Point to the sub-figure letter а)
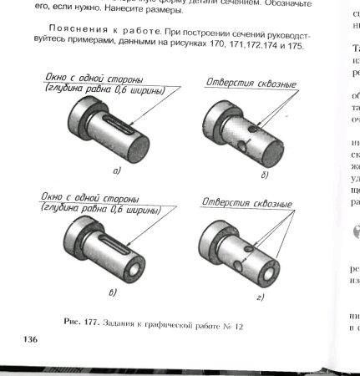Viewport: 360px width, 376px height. [117, 171]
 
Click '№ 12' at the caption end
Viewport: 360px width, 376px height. [241, 323]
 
